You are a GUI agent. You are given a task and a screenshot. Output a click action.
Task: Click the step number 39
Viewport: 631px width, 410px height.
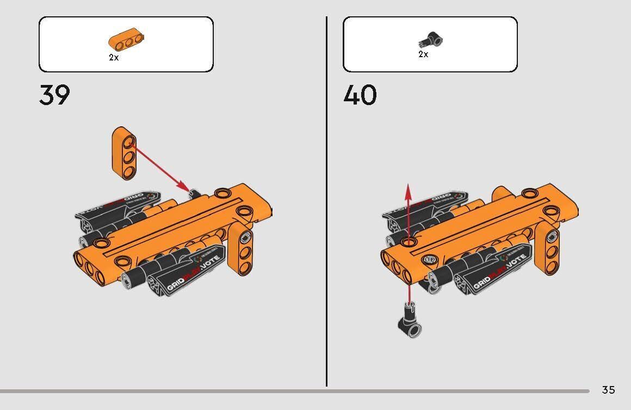(x=54, y=95)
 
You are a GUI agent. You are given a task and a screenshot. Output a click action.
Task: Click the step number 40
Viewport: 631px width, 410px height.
(x=360, y=95)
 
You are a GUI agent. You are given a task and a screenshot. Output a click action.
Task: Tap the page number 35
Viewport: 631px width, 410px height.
(x=608, y=390)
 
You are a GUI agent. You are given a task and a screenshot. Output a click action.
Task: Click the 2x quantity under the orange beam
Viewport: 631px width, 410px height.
(x=114, y=57)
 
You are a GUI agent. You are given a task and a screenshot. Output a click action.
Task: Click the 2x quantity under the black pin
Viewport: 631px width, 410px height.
(x=423, y=54)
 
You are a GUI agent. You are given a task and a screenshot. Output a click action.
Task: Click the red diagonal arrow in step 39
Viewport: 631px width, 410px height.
(x=160, y=166)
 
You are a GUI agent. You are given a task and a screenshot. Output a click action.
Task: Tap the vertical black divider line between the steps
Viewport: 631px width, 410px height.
(x=326, y=201)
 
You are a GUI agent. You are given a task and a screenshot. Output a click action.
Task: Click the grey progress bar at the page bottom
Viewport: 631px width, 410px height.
(x=294, y=391)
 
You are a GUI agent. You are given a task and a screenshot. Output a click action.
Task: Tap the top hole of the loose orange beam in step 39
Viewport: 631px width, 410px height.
(x=128, y=142)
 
